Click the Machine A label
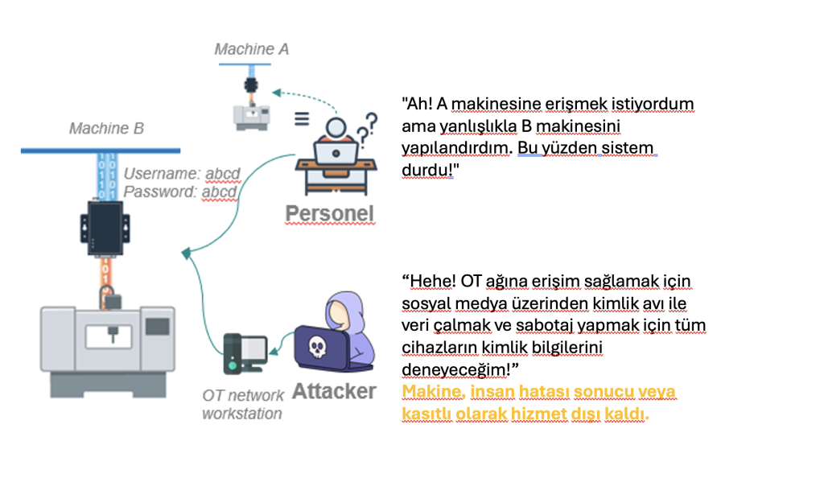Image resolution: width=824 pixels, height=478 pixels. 251,49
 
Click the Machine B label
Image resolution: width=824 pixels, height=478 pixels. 106,128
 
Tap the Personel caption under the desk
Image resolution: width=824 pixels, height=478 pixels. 330,213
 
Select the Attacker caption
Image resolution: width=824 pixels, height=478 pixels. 334,391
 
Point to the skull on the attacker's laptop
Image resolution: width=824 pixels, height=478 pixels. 316,347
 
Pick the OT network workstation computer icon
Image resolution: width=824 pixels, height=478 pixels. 244,352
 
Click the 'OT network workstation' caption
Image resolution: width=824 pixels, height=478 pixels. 242,404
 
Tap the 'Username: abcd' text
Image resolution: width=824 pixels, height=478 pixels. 179,173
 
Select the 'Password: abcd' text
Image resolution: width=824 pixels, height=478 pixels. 179,192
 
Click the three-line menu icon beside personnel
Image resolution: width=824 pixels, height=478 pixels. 301,118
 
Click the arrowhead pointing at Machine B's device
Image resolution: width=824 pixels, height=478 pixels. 187,253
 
